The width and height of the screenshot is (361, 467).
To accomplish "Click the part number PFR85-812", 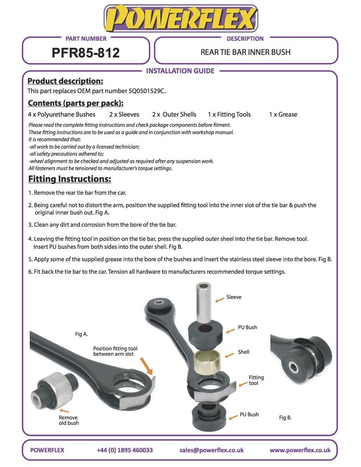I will click(86, 53).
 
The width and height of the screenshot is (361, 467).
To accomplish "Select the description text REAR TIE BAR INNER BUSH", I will click(246, 52).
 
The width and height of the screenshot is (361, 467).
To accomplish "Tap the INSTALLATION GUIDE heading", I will click(180, 71).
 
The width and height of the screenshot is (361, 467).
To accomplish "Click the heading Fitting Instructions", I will click(69, 178).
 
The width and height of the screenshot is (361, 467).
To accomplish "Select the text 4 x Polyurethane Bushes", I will click(62, 114).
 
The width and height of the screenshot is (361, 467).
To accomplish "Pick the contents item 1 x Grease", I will click(283, 114).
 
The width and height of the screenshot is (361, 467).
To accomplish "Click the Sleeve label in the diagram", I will click(234, 297).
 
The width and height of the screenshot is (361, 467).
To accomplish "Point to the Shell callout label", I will click(244, 352).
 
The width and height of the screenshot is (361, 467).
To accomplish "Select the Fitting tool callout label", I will click(256, 380).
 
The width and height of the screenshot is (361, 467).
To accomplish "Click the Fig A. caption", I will click(81, 334).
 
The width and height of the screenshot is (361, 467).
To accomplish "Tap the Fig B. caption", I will click(285, 417).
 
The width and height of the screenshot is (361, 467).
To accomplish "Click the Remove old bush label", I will click(68, 420).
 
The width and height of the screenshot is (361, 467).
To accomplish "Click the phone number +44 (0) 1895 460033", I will click(125, 450).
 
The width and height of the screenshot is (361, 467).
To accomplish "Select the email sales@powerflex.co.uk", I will click(211, 450).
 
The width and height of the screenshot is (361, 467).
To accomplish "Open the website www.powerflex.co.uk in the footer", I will click(300, 450).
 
